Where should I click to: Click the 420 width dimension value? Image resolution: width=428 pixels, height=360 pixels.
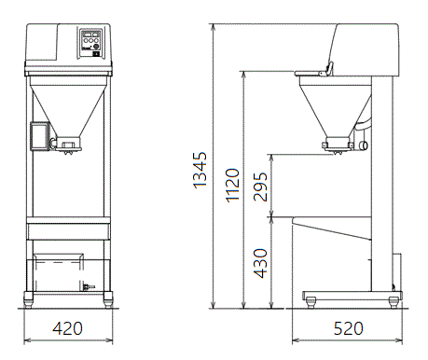67,328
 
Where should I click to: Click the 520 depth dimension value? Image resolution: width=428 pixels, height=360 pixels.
348,328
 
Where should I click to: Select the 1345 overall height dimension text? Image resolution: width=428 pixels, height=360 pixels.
200,170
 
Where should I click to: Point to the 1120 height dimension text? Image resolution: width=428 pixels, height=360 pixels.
232,186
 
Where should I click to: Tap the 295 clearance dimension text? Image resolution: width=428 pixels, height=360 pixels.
260,187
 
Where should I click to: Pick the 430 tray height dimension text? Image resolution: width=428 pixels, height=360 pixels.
260,263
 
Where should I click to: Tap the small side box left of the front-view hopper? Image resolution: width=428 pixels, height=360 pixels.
40,136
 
